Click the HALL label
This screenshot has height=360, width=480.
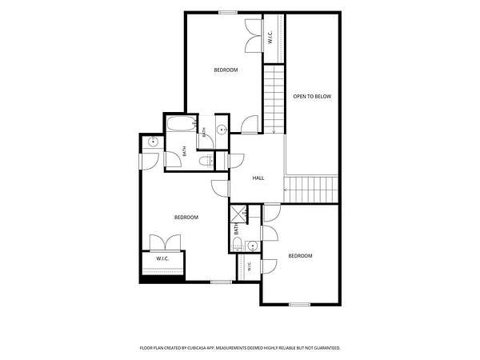point(258,178)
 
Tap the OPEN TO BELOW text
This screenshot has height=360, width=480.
point(312,97)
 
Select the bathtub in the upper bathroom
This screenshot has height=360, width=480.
point(182,124)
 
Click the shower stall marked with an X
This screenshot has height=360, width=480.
point(238,213)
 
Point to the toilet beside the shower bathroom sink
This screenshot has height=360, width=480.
point(237,244)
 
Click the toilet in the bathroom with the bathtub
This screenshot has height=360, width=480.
point(206,161)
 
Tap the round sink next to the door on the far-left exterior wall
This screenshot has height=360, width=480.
point(153,142)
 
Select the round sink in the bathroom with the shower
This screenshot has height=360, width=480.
point(252,246)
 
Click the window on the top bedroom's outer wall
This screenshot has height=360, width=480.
point(228,13)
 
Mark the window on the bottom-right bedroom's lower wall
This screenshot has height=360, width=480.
point(300,304)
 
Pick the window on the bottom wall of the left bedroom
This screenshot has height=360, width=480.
point(221,282)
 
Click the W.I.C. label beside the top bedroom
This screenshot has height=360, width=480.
point(270,37)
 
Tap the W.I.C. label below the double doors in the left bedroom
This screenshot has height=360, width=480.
point(162,258)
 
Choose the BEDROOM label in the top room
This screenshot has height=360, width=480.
point(226,70)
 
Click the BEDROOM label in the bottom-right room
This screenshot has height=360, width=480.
point(300,256)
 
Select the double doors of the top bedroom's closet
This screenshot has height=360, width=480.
point(254,35)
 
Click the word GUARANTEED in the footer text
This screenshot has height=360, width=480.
point(329,348)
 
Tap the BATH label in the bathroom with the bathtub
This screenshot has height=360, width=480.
point(184,151)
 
